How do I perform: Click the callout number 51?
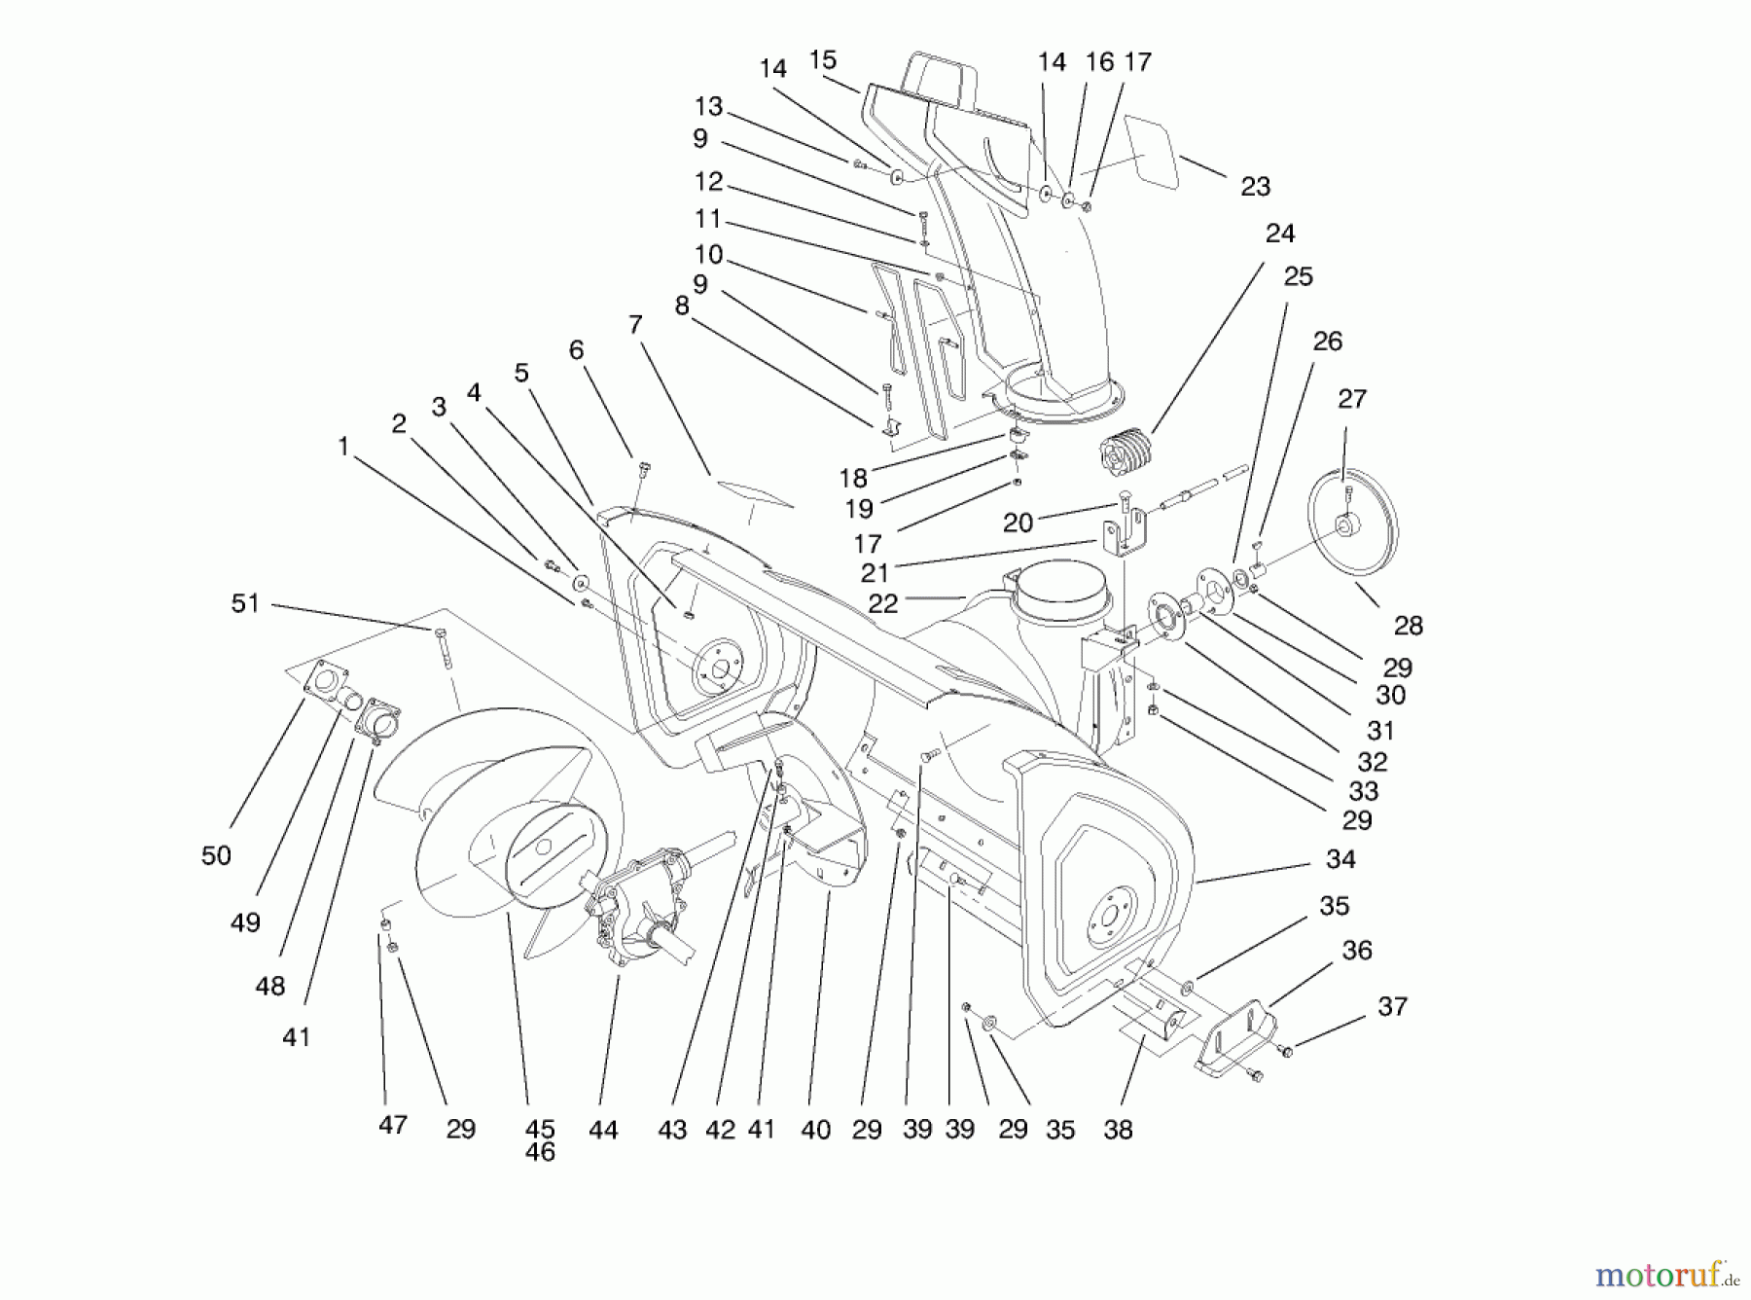tap(245, 604)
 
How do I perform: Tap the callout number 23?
tap(1255, 187)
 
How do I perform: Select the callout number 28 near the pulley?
tap(1408, 626)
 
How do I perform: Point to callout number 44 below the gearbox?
tap(603, 1130)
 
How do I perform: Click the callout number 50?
tap(216, 856)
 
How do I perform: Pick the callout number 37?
tap(1392, 1006)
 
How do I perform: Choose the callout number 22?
tap(882, 603)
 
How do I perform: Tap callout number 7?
tap(635, 324)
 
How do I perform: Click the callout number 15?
tap(823, 60)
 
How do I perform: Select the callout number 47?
tap(392, 1125)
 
